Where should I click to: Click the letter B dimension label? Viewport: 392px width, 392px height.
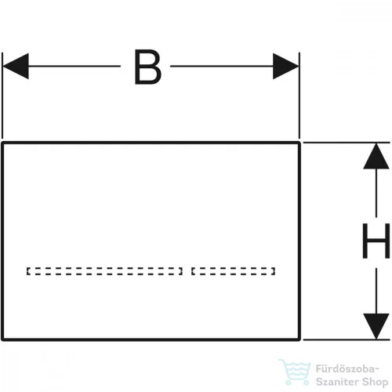tap(147, 67)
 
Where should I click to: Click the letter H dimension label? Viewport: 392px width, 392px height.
tap(376, 241)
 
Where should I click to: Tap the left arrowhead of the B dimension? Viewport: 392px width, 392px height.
tap(16, 66)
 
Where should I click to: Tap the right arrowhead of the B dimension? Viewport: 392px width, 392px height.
tap(286, 66)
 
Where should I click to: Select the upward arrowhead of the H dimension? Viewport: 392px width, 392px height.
tap(376, 156)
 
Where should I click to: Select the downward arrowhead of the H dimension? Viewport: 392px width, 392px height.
tap(376, 326)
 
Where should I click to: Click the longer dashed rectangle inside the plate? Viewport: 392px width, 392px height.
tap(104, 268)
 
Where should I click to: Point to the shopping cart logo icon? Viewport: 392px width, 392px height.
tap(295, 372)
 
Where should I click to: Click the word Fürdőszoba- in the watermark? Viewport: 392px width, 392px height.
tap(347, 369)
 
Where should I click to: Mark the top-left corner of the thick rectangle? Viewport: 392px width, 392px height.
tap(2, 143)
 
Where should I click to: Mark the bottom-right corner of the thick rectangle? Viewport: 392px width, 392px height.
tap(299, 339)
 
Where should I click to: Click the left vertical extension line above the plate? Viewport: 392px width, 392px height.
tap(2, 96)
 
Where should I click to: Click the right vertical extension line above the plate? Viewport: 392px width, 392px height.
tap(299, 96)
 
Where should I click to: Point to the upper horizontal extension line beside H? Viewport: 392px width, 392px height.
tap(347, 143)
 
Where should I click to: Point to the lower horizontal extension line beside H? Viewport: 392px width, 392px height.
tap(347, 339)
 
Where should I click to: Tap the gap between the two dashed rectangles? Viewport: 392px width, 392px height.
tap(187, 271)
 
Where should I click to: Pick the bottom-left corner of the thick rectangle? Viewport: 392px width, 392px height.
tap(2, 339)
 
